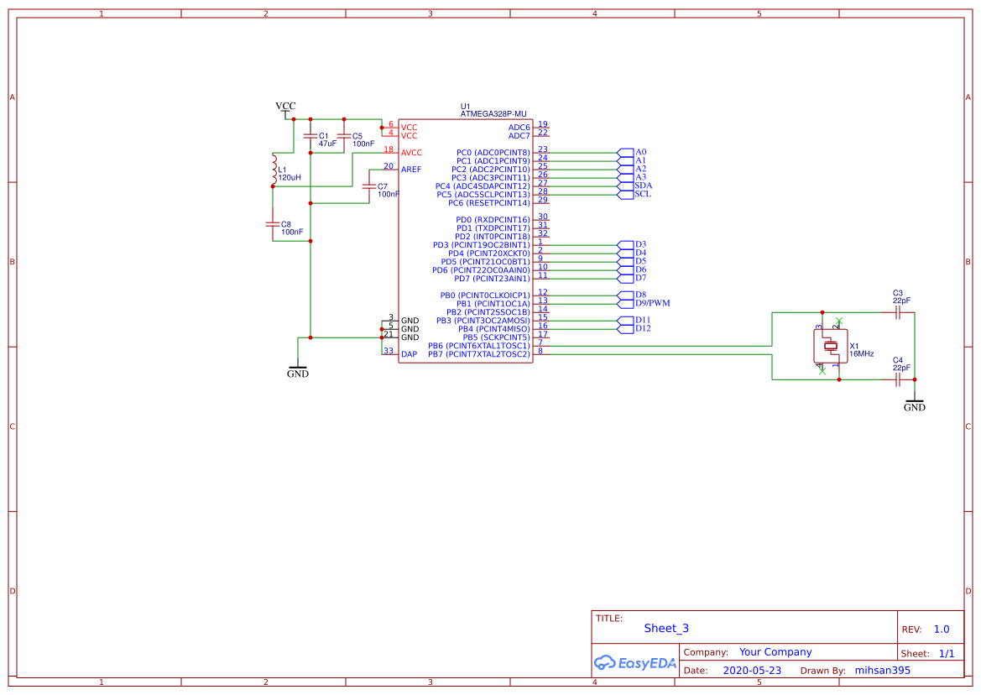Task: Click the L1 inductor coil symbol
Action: tap(274, 170)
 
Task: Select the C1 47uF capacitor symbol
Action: tap(310, 136)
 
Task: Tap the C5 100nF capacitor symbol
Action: tap(344, 136)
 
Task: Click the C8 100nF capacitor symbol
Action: tap(273, 224)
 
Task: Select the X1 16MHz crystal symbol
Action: tap(830, 346)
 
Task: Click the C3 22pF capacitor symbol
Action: tap(898, 312)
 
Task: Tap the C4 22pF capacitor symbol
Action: tap(898, 379)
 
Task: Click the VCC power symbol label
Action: tap(285, 107)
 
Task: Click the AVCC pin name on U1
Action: tap(411, 153)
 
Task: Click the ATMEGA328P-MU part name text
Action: tap(493, 113)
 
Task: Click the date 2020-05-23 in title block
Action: tap(752, 671)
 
